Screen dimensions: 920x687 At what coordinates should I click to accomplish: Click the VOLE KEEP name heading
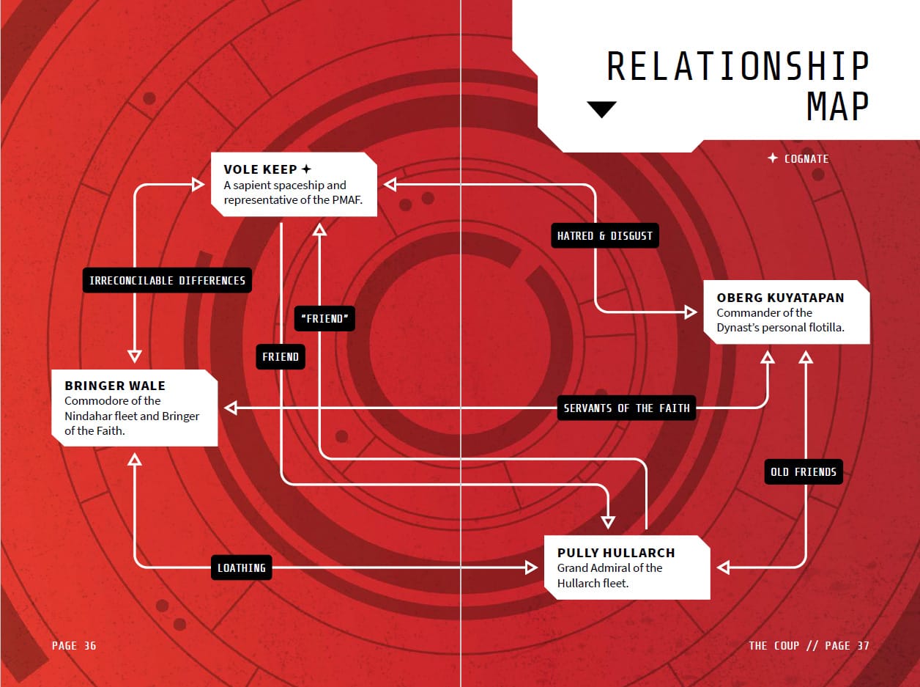click(260, 169)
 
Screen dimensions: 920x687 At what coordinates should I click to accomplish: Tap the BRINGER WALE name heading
click(115, 386)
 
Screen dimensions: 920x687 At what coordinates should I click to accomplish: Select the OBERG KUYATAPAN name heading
click(780, 298)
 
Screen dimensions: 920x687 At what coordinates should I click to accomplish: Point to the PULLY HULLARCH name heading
click(616, 553)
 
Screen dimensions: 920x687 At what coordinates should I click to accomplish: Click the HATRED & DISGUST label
click(605, 235)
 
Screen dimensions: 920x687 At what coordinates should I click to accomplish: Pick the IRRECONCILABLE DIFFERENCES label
click(167, 280)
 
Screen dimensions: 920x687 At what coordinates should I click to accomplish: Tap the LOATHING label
click(242, 567)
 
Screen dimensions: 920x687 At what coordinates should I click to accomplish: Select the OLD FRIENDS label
click(804, 472)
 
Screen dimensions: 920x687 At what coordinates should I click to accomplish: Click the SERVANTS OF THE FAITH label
click(626, 408)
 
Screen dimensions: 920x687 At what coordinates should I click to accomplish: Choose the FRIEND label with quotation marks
click(324, 319)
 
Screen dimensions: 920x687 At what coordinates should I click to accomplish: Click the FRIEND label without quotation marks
click(281, 357)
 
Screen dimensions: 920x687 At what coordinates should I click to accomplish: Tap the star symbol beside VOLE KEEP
click(306, 169)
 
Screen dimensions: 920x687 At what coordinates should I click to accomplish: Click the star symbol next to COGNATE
click(773, 158)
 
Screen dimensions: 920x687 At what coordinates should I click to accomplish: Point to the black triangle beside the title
click(601, 109)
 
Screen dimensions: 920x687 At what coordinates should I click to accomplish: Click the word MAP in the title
click(837, 106)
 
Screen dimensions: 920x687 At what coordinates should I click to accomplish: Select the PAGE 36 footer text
click(74, 645)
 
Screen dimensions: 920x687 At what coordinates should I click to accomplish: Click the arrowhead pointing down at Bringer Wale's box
click(135, 356)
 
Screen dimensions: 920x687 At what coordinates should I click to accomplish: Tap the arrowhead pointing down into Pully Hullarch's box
click(608, 522)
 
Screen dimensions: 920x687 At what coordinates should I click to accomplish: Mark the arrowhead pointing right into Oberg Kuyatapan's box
click(690, 312)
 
